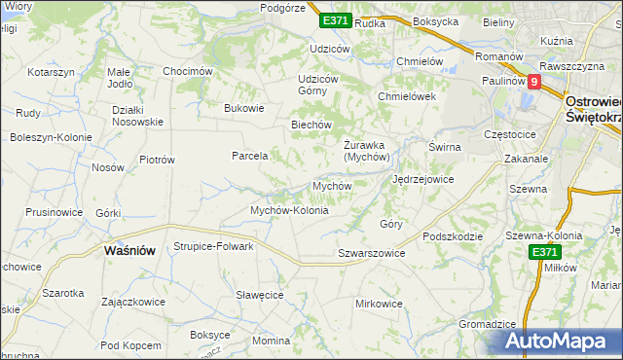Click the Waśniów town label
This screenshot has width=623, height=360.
129,250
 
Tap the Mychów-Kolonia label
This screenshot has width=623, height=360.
290,210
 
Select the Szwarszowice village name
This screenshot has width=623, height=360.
371,253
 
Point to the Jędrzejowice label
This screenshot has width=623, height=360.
423,180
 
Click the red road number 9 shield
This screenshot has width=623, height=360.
533,83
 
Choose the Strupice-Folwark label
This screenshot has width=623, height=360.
213,246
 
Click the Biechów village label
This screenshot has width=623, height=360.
312,125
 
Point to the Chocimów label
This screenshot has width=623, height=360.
188,71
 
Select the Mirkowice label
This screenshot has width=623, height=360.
380,304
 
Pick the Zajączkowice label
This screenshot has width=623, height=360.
132,302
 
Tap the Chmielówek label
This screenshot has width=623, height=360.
407,96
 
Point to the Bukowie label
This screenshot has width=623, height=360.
244,108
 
